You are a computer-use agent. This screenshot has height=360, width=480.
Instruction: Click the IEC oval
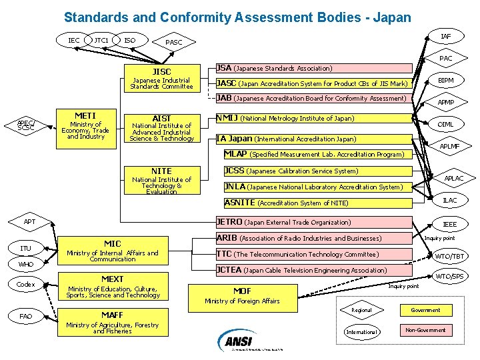pyautogui.click(x=74, y=41)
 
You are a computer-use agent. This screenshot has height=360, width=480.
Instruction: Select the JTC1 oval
pyautogui.click(x=101, y=41)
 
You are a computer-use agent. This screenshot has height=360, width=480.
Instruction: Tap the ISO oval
pyautogui.click(x=130, y=41)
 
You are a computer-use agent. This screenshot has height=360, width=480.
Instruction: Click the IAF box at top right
pyautogui.click(x=446, y=36)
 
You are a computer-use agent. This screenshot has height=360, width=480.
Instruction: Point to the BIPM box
pyautogui.click(x=446, y=80)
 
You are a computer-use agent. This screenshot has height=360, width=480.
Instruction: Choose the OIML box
pyautogui.click(x=446, y=124)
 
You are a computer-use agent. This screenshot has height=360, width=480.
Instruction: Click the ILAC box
pyautogui.click(x=450, y=200)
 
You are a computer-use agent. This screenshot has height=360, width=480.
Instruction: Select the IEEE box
pyautogui.click(x=450, y=225)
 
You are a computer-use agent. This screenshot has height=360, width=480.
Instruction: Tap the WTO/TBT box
pyautogui.click(x=450, y=256)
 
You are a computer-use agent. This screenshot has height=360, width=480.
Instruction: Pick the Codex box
pyautogui.click(x=26, y=285)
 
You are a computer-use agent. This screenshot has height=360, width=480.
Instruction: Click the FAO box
pyautogui.click(x=26, y=315)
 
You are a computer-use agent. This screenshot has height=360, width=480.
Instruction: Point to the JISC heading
pyautogui.click(x=161, y=71)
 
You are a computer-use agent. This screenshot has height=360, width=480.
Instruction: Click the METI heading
pyautogui.click(x=85, y=115)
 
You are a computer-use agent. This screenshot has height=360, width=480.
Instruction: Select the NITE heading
pyautogui.click(x=161, y=171)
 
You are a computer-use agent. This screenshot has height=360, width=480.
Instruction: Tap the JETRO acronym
pyautogui.click(x=229, y=222)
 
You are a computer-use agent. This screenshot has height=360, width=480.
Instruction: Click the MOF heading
pyautogui.click(x=242, y=291)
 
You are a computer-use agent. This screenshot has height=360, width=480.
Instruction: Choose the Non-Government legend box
pyautogui.click(x=425, y=330)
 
